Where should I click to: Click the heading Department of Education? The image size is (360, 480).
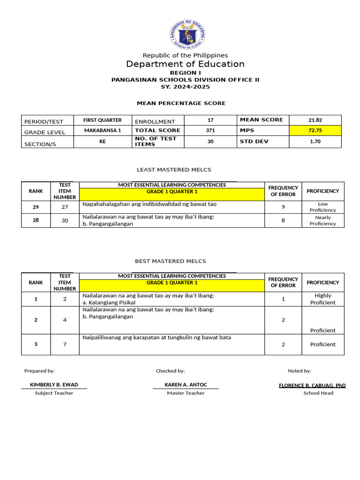[x=185, y=64]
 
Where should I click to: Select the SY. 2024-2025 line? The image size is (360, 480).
[x=185, y=87]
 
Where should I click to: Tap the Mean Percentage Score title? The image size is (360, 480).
[x=181, y=103]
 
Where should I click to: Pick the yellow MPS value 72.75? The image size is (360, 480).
[x=315, y=130]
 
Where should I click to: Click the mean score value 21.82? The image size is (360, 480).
[x=315, y=120]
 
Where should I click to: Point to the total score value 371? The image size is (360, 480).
[x=210, y=130]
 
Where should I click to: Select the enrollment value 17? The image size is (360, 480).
[x=210, y=120]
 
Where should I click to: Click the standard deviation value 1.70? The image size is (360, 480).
[x=315, y=141]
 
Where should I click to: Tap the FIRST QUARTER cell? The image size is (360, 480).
[x=102, y=120]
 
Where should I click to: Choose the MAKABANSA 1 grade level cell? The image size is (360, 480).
[x=102, y=130]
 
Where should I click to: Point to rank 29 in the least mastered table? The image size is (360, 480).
[x=36, y=207]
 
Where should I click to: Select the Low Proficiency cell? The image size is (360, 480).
[x=322, y=207]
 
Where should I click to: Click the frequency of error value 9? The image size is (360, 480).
[x=283, y=207]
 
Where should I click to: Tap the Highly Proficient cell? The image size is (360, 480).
[x=322, y=299]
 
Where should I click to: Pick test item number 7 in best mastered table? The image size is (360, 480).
[x=65, y=345]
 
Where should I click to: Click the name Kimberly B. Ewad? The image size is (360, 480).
[x=54, y=385]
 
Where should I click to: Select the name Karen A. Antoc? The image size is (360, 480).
[x=186, y=385]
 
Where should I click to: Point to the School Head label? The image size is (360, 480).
[x=318, y=393]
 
